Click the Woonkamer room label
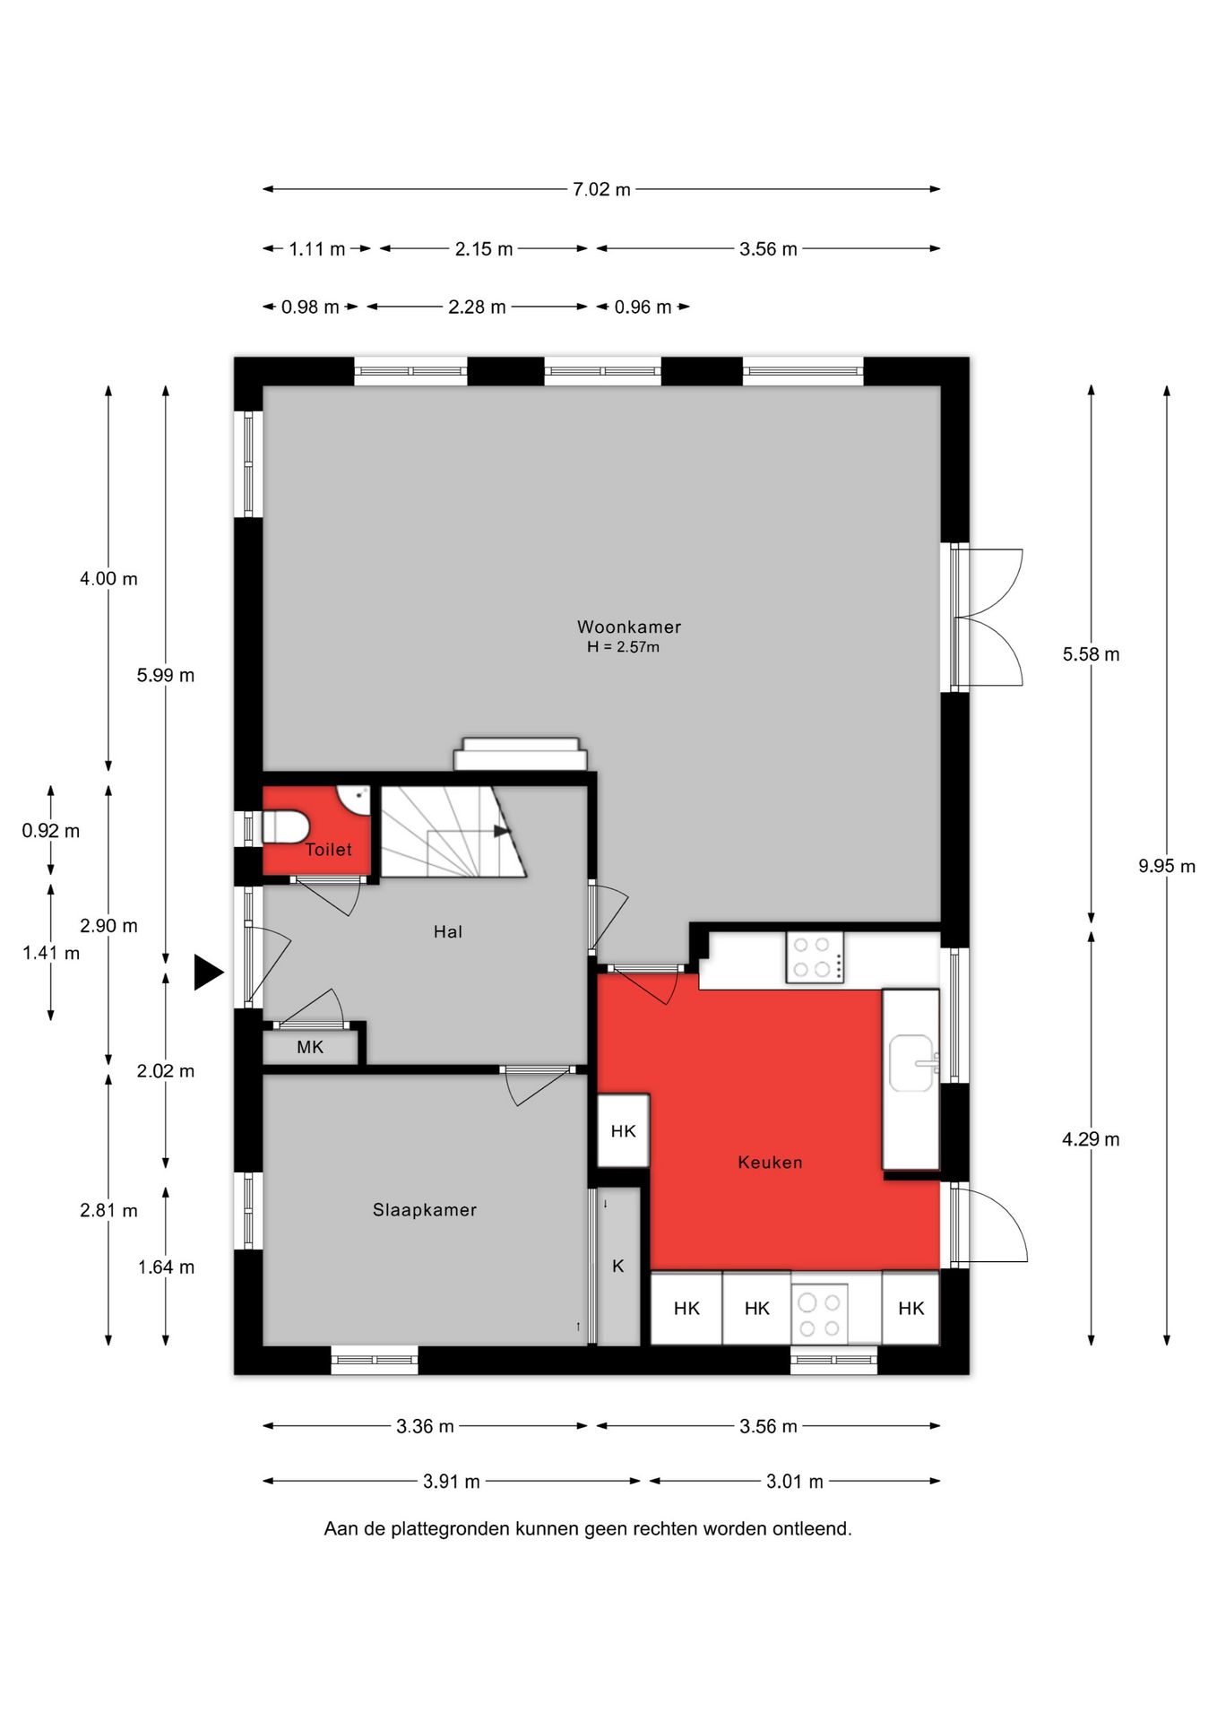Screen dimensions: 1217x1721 (x=628, y=627)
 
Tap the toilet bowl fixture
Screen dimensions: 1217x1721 (x=285, y=826)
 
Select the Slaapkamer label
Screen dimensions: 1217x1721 (x=424, y=1209)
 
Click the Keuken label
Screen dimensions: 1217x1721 (x=770, y=1162)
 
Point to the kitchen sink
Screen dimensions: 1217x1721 (x=912, y=1063)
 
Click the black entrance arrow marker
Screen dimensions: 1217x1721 (x=208, y=973)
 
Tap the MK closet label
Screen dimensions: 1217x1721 (x=310, y=1047)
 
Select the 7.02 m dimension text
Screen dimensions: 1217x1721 (x=601, y=189)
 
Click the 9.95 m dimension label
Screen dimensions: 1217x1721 (x=1167, y=866)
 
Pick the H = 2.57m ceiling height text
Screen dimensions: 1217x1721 (x=623, y=647)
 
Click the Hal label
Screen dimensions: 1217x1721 (x=448, y=931)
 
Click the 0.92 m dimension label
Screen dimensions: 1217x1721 (x=51, y=831)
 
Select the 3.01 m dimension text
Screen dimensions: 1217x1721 (x=794, y=1482)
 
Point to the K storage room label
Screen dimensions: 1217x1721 (x=618, y=1266)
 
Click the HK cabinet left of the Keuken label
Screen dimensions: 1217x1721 (x=623, y=1131)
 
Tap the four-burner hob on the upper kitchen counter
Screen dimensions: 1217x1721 (x=815, y=957)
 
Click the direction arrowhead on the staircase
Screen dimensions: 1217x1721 (x=502, y=831)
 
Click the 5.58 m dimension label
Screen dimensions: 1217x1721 (x=1091, y=654)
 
